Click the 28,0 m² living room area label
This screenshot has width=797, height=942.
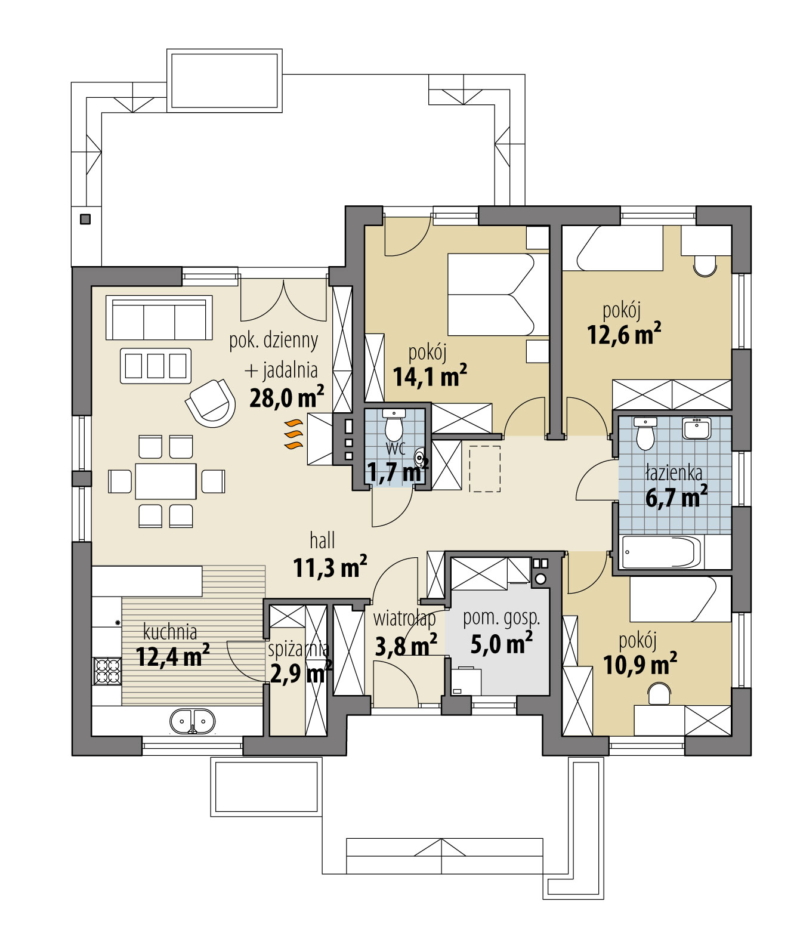tap(286, 397)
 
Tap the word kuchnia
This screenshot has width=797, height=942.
tap(170, 631)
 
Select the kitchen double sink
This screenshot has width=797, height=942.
tap(193, 721)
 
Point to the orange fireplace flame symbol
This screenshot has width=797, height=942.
tap(292, 434)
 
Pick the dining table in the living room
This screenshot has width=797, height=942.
tap(166, 481)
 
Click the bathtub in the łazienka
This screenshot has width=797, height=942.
tap(661, 552)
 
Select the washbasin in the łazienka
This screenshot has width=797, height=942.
tap(696, 428)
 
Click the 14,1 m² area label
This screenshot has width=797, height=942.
tap(430, 376)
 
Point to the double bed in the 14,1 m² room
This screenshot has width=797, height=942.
tap(490, 294)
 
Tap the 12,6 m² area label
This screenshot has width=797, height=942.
tap(624, 334)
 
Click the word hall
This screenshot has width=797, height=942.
tap(322, 541)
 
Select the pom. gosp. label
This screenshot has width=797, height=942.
tap(502, 618)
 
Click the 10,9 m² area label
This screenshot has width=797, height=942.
tap(640, 664)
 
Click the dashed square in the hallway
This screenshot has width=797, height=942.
tap(484, 468)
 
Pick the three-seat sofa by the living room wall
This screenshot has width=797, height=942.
tap(159, 318)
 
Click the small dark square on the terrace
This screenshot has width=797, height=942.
tap(85, 219)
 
